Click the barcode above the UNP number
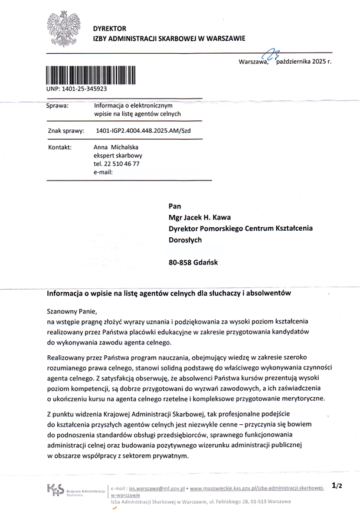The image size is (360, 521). click(x=91, y=75)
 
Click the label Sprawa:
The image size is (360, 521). click(x=58, y=106)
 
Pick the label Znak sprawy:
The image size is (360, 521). click(x=66, y=131)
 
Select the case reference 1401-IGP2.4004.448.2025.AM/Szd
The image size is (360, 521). click(x=143, y=131)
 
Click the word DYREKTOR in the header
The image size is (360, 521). click(x=109, y=28)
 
